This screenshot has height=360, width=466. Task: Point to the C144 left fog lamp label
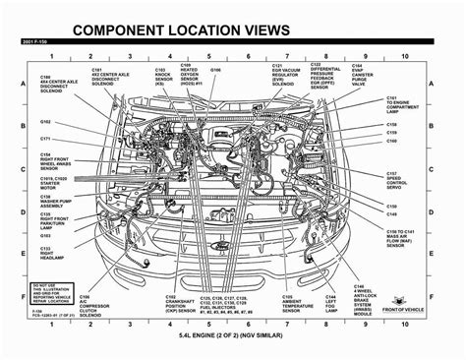[x=332, y=309]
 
